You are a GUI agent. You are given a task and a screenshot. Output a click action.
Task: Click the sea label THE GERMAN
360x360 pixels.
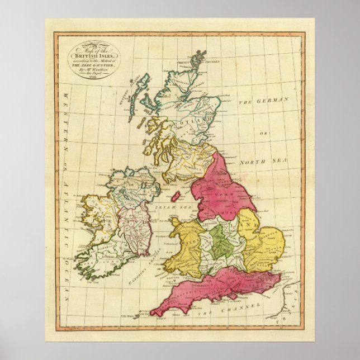click(263, 101)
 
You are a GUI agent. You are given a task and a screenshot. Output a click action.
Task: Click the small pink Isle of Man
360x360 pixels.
click(174, 197)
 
